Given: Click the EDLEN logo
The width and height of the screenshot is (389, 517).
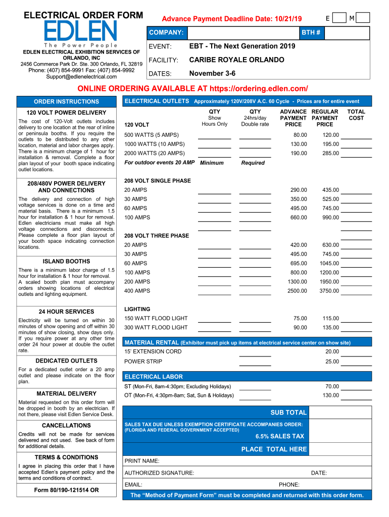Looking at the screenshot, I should tap(81, 32).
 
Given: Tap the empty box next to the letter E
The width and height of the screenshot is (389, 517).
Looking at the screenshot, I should tap(341, 18).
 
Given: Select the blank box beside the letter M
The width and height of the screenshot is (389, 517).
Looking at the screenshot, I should tap(364, 18).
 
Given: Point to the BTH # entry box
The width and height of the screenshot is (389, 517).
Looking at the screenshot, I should tap(347, 33).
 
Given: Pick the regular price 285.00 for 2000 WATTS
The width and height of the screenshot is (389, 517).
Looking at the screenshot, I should tap(330, 153).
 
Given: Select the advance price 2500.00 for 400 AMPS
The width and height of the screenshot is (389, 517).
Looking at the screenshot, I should tap(297, 291).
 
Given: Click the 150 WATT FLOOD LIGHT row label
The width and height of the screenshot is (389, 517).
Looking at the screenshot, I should tap(156, 318).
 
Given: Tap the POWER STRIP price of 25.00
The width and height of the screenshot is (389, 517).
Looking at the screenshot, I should tap(332, 361).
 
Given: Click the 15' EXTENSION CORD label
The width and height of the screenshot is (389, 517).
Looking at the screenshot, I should tap(153, 351).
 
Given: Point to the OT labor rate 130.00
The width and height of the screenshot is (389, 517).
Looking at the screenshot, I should tap(331, 395).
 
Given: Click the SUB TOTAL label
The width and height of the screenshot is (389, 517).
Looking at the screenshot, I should tap(288, 412).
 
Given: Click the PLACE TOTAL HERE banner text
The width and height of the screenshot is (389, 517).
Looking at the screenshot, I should tap(274, 449).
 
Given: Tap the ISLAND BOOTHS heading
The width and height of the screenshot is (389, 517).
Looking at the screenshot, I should tap(66, 262).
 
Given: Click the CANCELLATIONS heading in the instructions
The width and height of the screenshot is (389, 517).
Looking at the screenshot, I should tap(66, 426).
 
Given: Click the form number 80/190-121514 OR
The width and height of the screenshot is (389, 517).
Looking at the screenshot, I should tap(66, 490).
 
